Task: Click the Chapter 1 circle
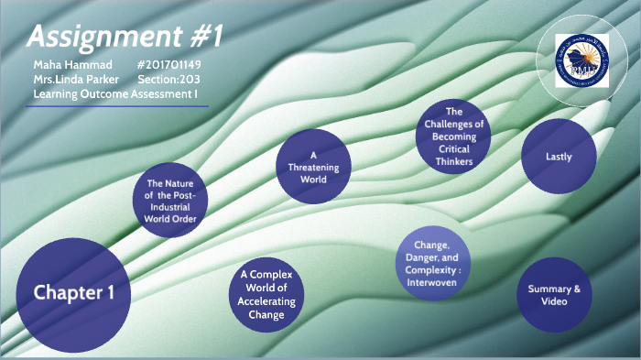coord(69,292)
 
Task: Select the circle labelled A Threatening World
coord(313,167)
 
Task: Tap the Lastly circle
coord(558,156)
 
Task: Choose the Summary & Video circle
coord(554,295)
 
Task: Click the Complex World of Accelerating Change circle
coord(265,294)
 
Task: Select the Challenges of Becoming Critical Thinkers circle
coord(453,136)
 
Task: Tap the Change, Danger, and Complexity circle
coord(431,264)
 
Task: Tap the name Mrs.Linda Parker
coord(76,80)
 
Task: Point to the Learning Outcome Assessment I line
coord(115,94)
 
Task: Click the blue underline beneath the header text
coord(117,106)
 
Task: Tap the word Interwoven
coord(431,282)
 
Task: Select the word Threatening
coord(313,167)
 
